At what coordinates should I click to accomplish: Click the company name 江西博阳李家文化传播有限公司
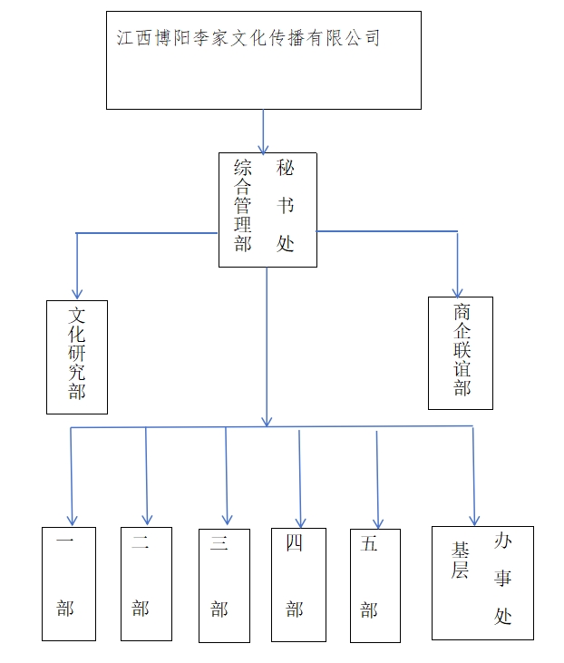(248, 38)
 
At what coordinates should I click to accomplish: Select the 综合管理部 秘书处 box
(267, 210)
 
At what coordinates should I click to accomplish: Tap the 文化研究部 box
(77, 356)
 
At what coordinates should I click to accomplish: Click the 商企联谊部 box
(461, 352)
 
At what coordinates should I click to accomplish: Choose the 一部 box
(68, 582)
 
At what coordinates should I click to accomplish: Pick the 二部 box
(146, 582)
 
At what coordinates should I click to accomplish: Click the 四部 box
(298, 584)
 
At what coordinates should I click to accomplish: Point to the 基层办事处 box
(482, 581)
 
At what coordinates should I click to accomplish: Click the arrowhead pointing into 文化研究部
(77, 292)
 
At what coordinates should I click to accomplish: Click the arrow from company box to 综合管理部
(264, 132)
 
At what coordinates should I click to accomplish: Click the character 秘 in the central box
(286, 168)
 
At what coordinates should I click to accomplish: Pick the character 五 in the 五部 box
(368, 544)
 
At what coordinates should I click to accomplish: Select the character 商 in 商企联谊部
(462, 312)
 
